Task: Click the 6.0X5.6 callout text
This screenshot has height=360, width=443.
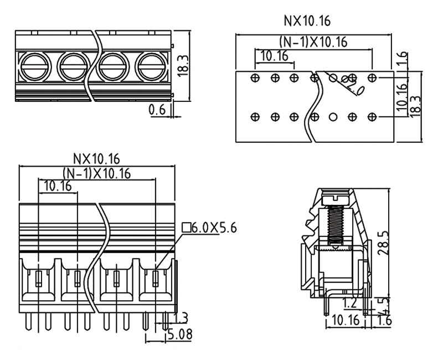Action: click(214, 227)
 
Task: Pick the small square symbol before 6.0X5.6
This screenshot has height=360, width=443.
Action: click(186, 227)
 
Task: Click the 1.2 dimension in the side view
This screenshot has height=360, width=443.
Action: click(349, 302)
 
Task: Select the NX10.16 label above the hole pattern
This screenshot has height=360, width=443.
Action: click(307, 22)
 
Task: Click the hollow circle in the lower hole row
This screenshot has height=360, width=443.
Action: click(333, 117)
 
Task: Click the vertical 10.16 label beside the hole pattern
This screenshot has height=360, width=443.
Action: click(403, 94)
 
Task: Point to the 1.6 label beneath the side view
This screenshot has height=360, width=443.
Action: click(385, 321)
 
